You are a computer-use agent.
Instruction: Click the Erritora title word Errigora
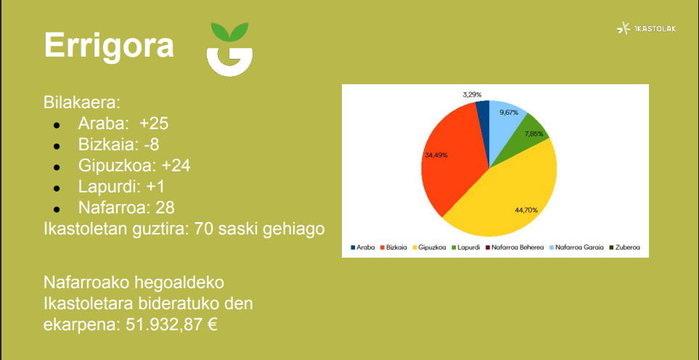tap(109, 46)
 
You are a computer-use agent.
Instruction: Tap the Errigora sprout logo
tap(229, 49)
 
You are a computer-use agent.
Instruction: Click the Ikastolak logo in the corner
tap(647, 28)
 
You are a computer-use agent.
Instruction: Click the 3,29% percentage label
tap(472, 94)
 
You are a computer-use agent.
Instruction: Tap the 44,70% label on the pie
tap(526, 210)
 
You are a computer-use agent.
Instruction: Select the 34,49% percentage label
tap(436, 155)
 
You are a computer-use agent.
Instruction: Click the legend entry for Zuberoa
tap(624, 247)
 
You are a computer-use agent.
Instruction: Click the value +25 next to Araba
tap(154, 124)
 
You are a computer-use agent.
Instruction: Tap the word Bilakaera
tap(82, 103)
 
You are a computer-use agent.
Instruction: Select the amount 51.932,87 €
tap(171, 324)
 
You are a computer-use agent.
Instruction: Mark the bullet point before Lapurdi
tap(57, 188)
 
